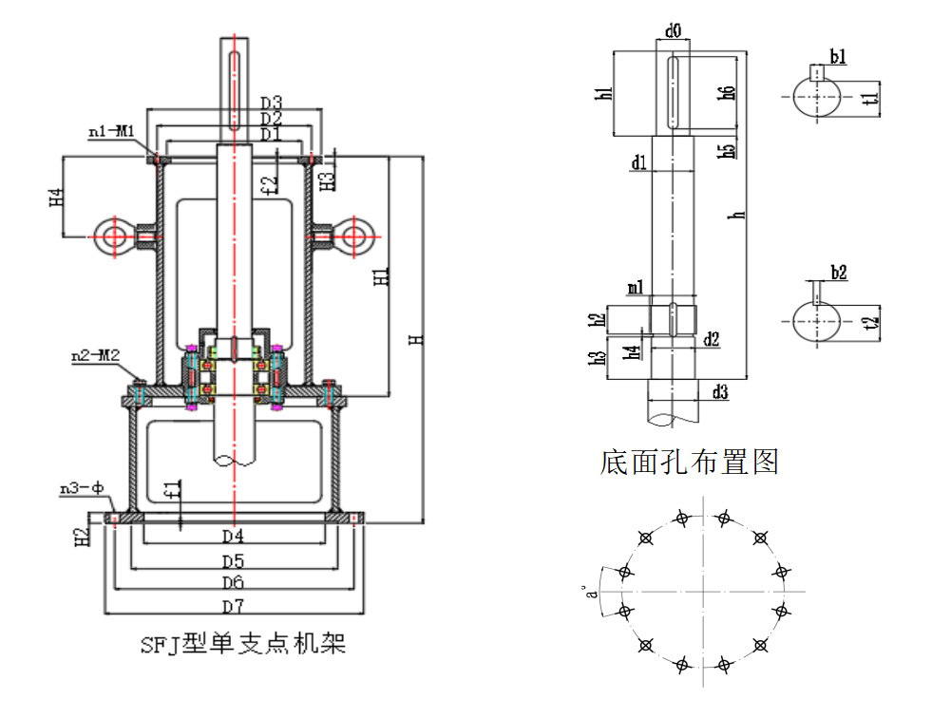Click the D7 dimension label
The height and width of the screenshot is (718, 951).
(233, 606)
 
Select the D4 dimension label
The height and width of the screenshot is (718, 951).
(233, 536)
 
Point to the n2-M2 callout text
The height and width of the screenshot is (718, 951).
(95, 356)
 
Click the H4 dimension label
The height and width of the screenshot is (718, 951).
(56, 198)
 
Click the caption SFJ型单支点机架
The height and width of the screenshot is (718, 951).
(242, 646)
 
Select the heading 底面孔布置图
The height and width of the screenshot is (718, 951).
(690, 463)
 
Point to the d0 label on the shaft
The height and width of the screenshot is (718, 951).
(674, 31)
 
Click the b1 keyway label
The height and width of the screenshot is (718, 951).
(838, 58)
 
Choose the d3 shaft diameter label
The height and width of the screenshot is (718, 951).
(720, 392)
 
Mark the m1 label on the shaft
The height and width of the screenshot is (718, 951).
(635, 288)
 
